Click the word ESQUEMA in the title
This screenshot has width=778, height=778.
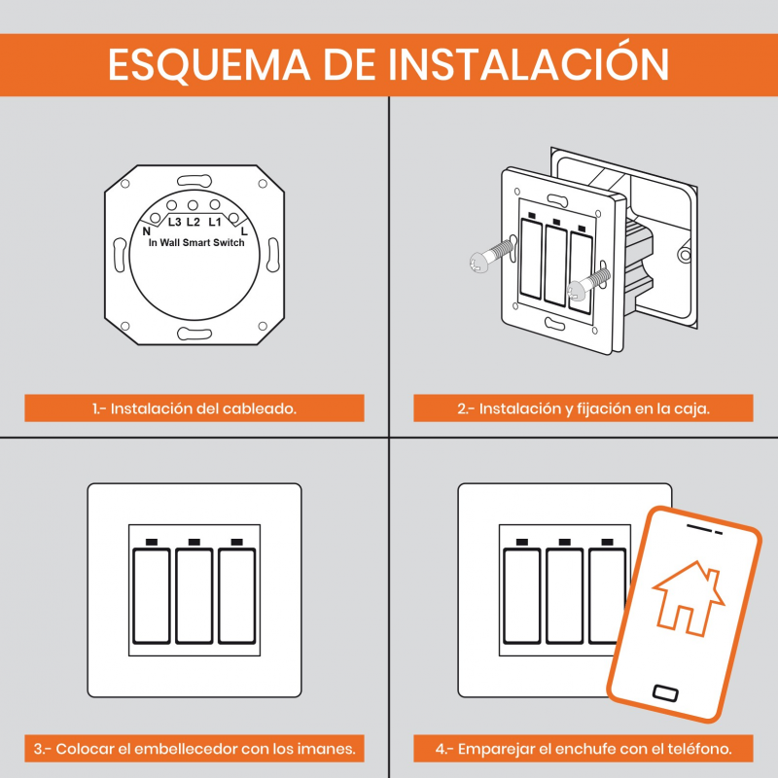click(209, 65)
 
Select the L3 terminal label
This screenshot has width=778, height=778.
click(174, 222)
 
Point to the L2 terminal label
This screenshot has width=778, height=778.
click(193, 222)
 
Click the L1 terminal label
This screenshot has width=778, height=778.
click(214, 222)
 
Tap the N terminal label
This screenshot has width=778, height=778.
click(147, 231)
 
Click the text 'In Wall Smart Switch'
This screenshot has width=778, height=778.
click(196, 242)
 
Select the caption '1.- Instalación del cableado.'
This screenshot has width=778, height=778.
click(194, 408)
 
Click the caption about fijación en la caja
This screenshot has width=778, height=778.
click(583, 408)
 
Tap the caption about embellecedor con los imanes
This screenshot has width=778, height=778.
click(194, 749)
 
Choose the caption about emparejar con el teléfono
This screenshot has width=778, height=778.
click(583, 749)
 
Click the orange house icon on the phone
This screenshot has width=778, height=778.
click(689, 598)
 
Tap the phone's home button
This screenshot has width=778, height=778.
click(666, 692)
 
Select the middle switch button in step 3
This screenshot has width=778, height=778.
click(194, 596)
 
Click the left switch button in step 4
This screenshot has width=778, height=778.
click(522, 596)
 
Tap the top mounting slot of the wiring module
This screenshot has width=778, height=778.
click(194, 181)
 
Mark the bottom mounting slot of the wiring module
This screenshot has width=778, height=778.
click(194, 334)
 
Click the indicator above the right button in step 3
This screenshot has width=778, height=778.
click(237, 542)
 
